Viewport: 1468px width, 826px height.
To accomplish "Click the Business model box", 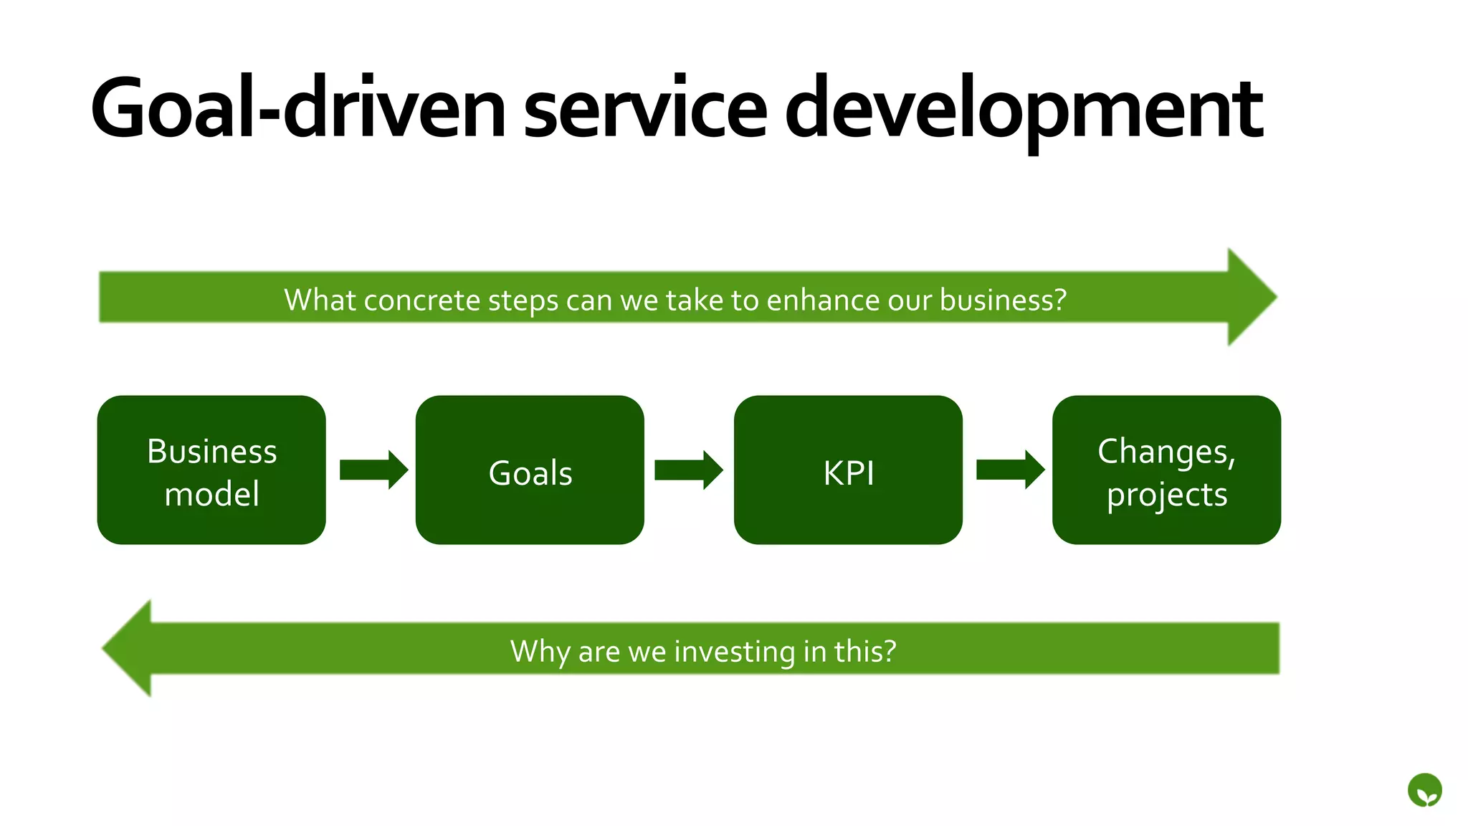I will click(x=211, y=470).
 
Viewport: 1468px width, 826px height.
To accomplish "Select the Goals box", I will click(x=530, y=470).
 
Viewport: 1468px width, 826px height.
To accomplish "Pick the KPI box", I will click(x=848, y=470).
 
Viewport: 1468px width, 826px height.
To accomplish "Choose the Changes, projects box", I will click(x=1166, y=470).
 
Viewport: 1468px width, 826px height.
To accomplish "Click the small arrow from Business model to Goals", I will click(x=373, y=470).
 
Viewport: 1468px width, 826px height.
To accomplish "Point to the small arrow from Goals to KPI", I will click(x=688, y=470).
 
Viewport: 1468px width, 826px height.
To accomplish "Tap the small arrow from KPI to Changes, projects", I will click(x=1010, y=470).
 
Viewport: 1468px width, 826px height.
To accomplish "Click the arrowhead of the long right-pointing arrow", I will click(x=1251, y=297).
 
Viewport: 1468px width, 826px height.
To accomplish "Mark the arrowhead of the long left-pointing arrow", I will click(x=129, y=648).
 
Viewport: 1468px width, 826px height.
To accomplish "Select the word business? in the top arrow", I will click(x=1003, y=300).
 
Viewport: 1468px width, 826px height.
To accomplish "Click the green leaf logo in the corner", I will click(x=1424, y=791).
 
